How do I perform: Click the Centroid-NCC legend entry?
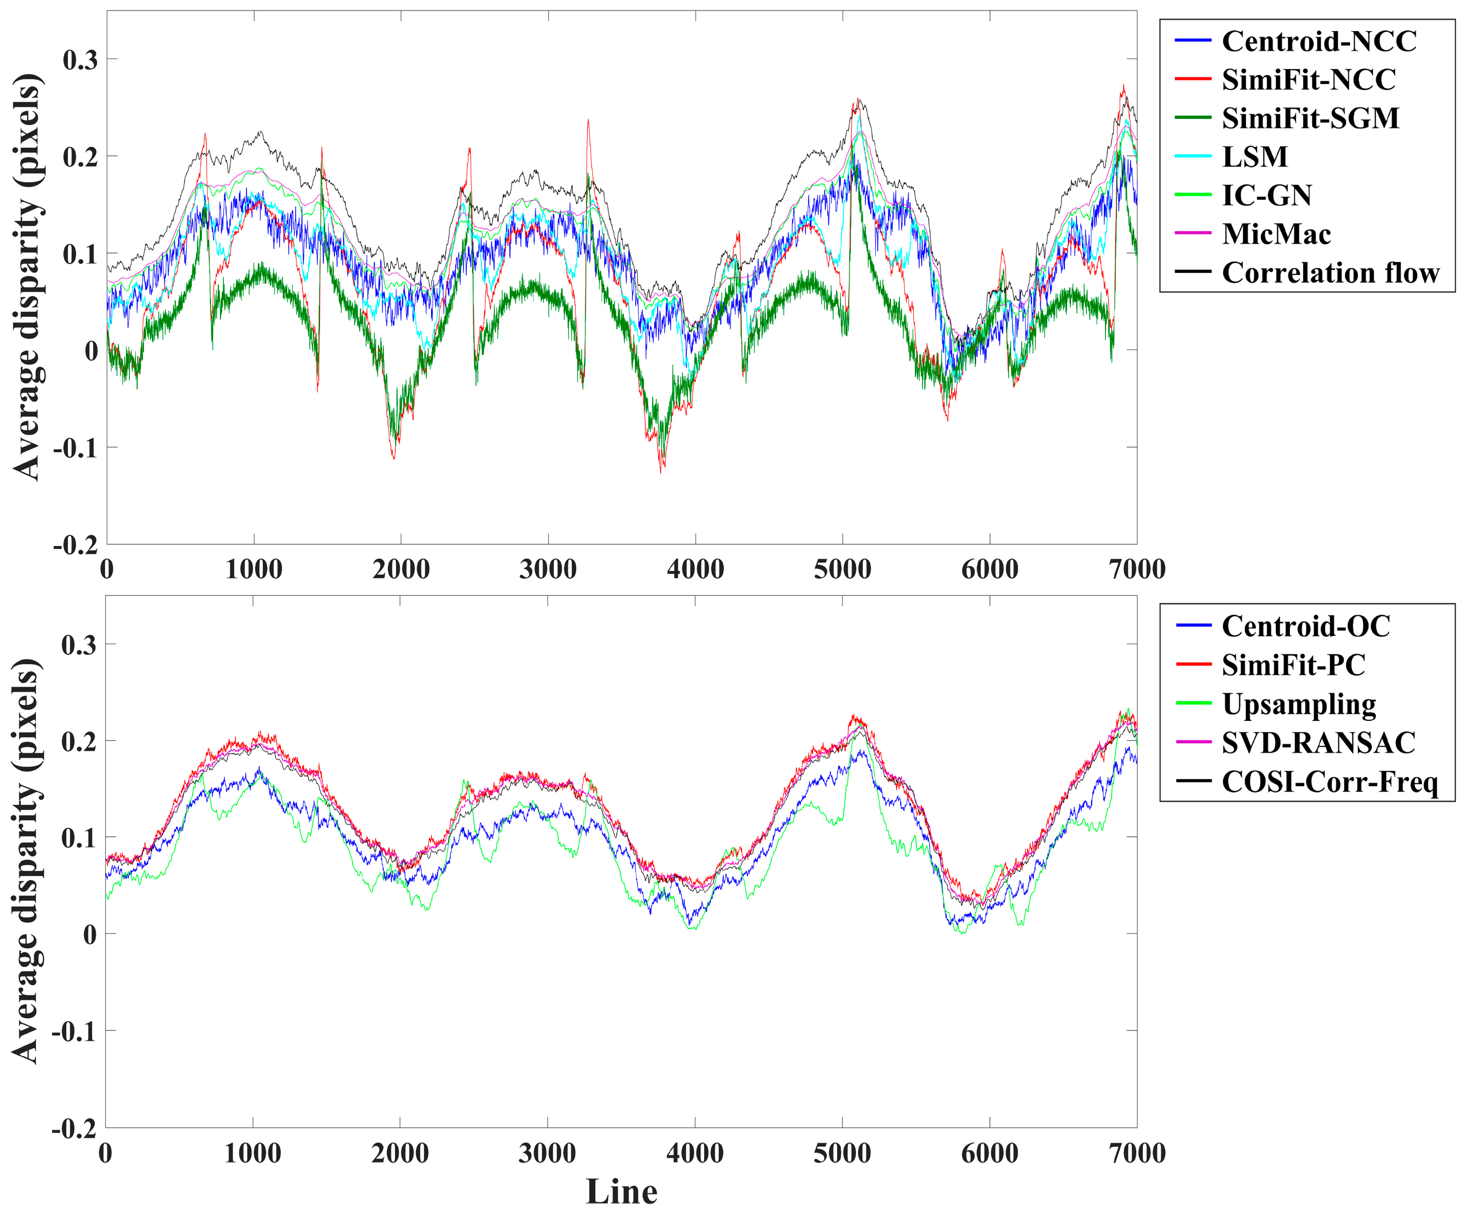(x=1319, y=41)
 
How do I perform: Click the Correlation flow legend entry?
(x=1330, y=272)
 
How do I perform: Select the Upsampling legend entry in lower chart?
(x=1298, y=704)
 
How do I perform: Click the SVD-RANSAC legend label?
(x=1318, y=742)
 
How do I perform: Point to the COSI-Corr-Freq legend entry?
(x=1329, y=781)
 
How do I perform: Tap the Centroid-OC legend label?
(x=1305, y=626)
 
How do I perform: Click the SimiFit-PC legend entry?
(x=1293, y=665)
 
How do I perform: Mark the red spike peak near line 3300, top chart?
(x=588, y=120)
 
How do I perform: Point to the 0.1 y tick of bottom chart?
(x=78, y=837)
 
